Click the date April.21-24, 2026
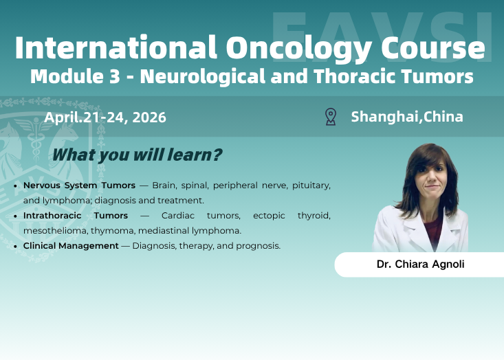105,117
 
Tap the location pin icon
331,117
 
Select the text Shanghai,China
407,117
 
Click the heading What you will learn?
137,155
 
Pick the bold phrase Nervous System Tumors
79,185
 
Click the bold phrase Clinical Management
71,245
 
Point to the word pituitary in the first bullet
310,185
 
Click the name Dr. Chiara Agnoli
420,264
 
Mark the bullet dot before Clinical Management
16,246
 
